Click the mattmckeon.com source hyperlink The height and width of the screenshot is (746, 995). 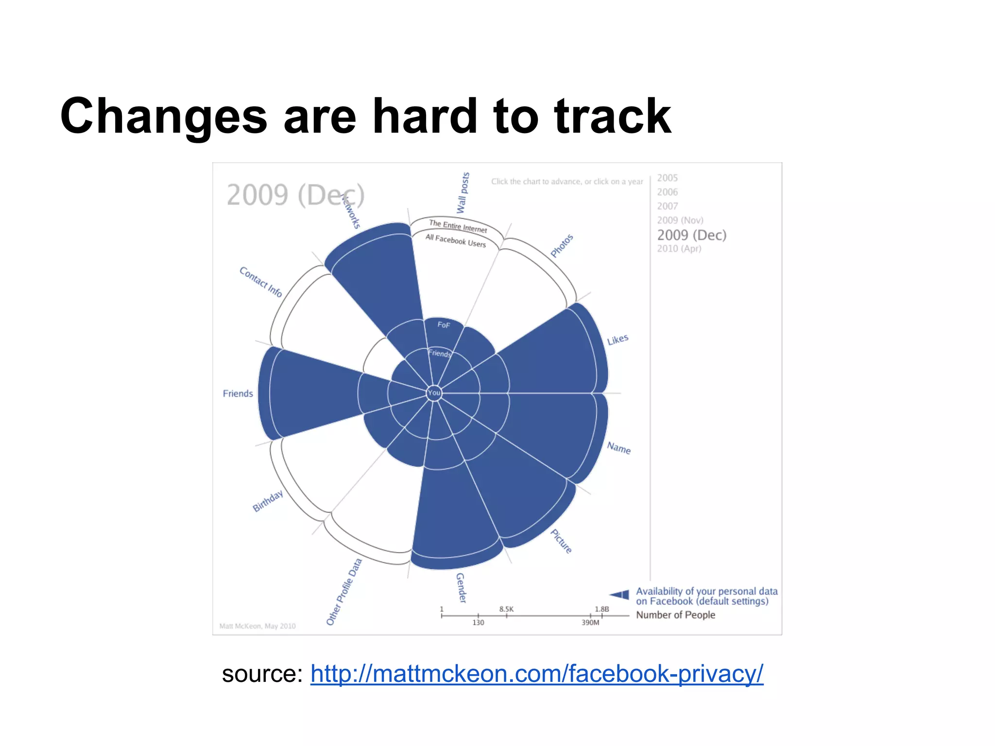click(x=536, y=674)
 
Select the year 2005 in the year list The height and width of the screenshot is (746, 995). click(x=667, y=178)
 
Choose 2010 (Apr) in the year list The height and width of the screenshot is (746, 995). click(x=679, y=249)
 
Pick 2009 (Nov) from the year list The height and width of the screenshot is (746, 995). click(x=680, y=220)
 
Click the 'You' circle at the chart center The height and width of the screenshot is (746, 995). click(x=434, y=392)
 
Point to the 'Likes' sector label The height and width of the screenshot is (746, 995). click(x=618, y=339)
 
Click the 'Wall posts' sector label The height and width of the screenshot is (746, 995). click(x=463, y=193)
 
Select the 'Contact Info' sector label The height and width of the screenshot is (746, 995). click(x=260, y=282)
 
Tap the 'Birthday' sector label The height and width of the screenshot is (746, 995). click(x=267, y=501)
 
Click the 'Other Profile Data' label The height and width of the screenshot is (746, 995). click(x=344, y=592)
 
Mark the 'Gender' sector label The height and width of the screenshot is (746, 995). click(x=461, y=588)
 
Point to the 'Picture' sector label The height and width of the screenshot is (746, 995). click(x=561, y=541)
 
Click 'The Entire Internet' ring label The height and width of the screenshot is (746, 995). click(x=458, y=226)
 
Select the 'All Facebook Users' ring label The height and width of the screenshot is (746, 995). click(x=455, y=240)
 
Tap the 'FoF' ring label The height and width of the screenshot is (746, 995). click(x=444, y=324)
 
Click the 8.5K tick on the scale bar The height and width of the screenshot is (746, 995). click(x=506, y=615)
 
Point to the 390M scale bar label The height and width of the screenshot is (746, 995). click(x=590, y=623)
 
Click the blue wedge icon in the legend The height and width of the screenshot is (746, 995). click(x=619, y=594)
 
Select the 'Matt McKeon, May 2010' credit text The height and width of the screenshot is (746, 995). click(x=257, y=626)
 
